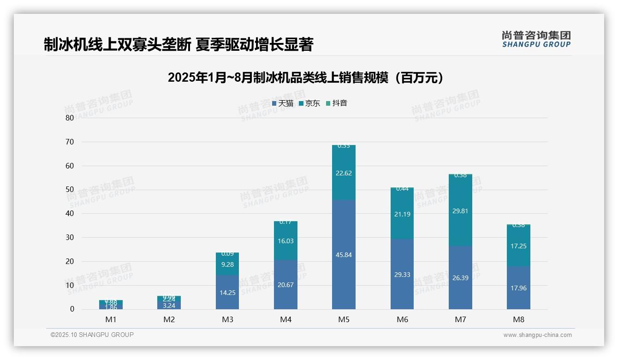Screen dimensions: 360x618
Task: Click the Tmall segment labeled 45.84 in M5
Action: coord(344,255)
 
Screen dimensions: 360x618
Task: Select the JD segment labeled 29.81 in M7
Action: coord(460,211)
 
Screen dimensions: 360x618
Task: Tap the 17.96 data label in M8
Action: coord(518,288)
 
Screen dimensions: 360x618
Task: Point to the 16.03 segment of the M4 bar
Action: coord(285,241)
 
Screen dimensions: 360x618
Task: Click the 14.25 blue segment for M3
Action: coord(227,293)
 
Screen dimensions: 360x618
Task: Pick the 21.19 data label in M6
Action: coord(402,214)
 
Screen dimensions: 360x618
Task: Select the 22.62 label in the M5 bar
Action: coord(344,174)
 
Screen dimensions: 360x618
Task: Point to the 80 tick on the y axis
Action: coord(70,118)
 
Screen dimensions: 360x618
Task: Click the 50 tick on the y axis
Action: coord(70,190)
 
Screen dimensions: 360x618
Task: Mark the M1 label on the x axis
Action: coord(111,319)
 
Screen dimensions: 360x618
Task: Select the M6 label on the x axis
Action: coord(402,319)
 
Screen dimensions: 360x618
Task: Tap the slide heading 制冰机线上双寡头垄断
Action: coord(178,44)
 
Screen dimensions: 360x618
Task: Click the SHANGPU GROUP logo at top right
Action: coord(536,39)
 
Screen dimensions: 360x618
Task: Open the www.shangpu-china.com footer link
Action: coord(537,335)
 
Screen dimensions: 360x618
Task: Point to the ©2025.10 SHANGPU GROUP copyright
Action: coord(92,335)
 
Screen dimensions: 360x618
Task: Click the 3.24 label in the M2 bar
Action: coord(169,306)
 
